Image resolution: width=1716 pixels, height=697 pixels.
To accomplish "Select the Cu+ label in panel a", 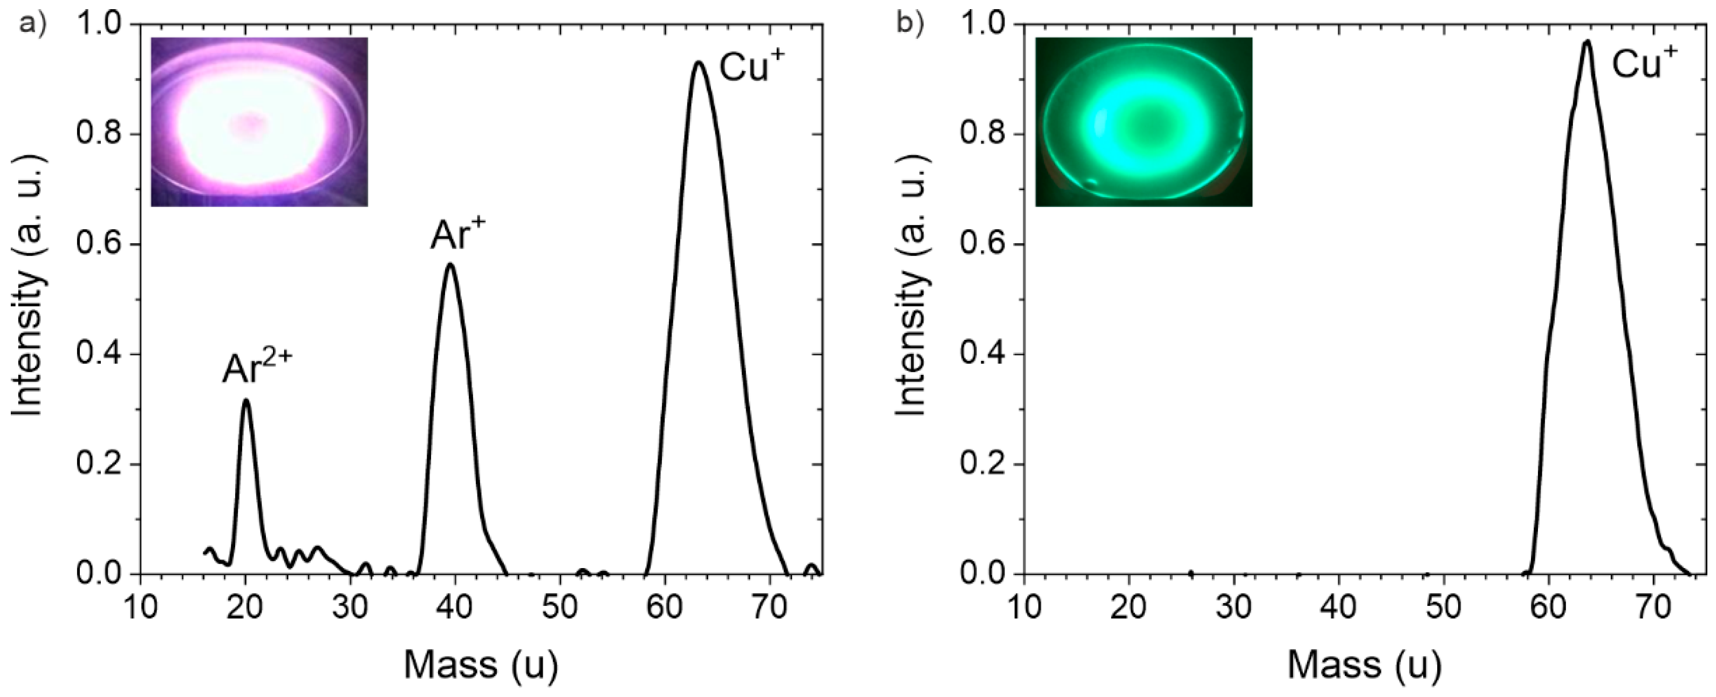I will [x=751, y=67].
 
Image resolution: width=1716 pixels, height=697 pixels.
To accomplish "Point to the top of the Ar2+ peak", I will [x=247, y=400].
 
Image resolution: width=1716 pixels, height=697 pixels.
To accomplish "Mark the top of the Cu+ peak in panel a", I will [x=699, y=62].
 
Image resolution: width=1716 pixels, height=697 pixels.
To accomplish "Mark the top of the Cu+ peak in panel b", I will [x=1587, y=42].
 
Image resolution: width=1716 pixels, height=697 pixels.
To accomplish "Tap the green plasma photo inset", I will [x=1143, y=122].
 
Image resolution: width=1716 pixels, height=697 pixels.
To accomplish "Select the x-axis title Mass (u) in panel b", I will [x=1364, y=664].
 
